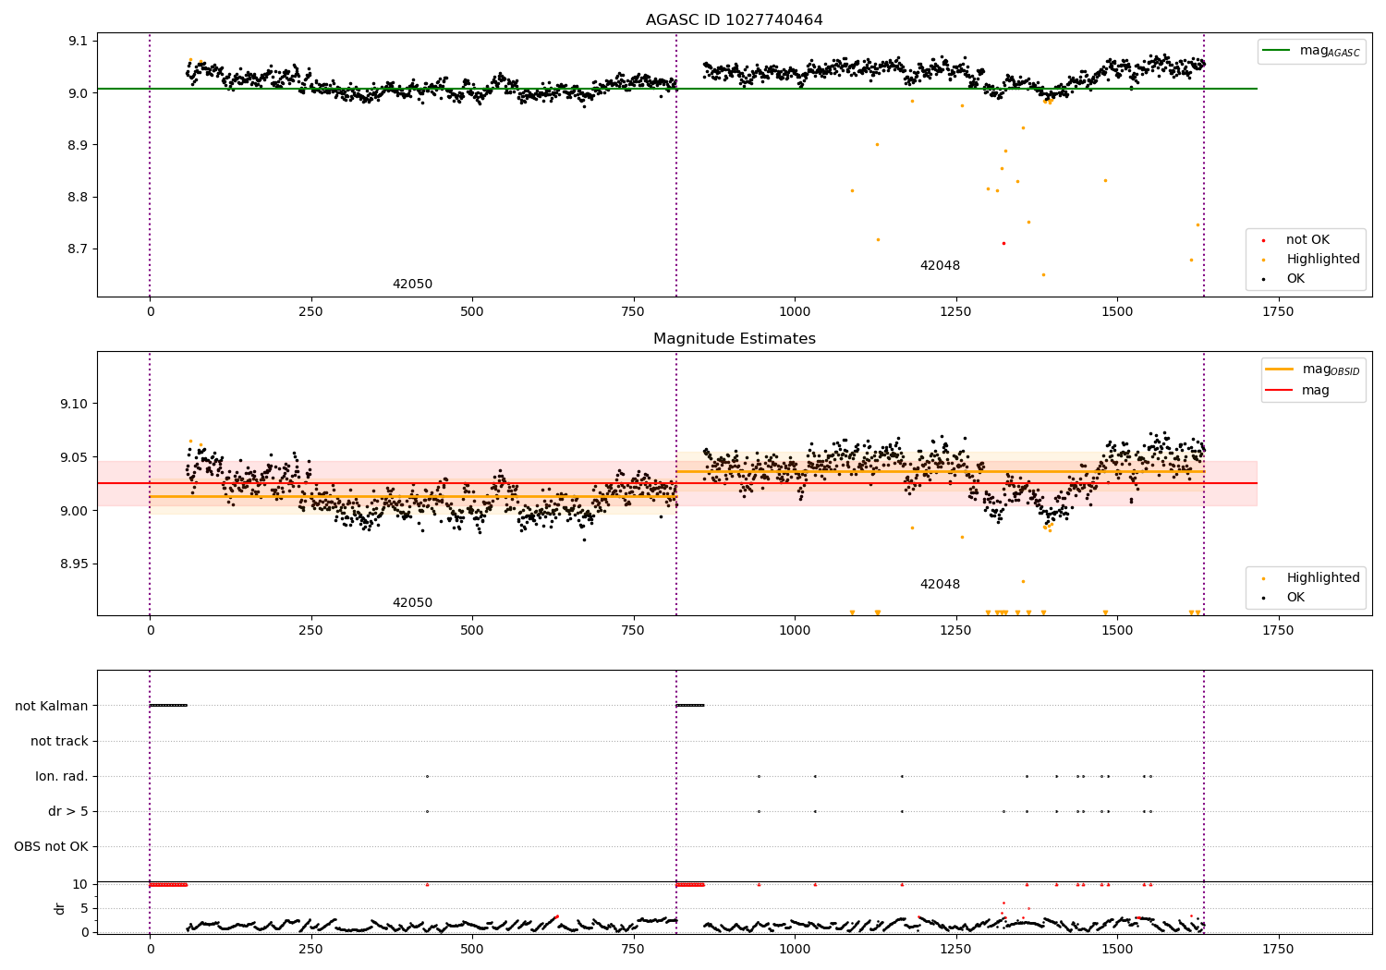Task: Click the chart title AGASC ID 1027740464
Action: coord(734,20)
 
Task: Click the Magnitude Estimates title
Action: coord(734,339)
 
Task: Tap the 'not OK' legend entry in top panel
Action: coord(1307,240)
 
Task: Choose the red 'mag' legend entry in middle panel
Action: coord(1315,391)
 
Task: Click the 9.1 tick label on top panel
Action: coord(77,41)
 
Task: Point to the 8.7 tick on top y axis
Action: coord(77,249)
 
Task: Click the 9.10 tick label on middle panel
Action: coord(73,404)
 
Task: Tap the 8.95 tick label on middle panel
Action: coord(73,564)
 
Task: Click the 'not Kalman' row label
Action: coord(52,706)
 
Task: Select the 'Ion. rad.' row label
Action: coord(62,777)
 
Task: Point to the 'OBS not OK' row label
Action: coord(51,847)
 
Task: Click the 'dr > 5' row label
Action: coord(68,812)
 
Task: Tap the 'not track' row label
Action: coord(59,741)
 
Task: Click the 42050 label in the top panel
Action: coord(412,285)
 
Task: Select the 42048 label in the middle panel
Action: coord(940,585)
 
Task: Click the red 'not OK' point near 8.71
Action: coord(1003,243)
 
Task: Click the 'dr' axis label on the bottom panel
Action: coord(60,908)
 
